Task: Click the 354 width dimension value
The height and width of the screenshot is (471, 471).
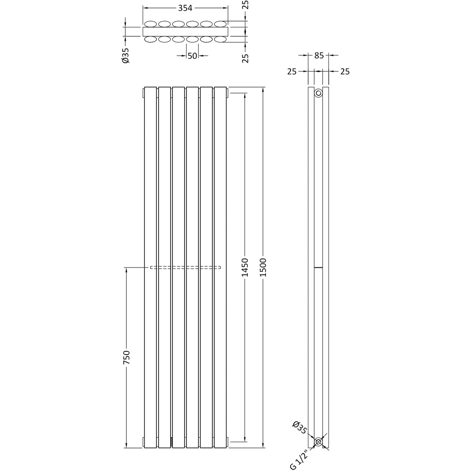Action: tap(186, 8)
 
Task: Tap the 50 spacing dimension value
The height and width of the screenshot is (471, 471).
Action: tap(192, 56)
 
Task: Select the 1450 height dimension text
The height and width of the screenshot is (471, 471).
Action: tap(244, 267)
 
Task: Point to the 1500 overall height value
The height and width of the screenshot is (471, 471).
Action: tap(263, 267)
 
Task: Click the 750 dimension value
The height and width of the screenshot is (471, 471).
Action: tap(126, 357)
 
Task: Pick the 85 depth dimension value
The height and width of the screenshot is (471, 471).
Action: tap(319, 56)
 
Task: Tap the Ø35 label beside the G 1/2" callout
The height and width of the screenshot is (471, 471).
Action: tap(299, 427)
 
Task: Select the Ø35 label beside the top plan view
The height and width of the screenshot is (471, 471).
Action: tap(126, 55)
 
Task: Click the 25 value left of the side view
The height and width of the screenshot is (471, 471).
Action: tap(292, 72)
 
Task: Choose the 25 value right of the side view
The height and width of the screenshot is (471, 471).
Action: tap(345, 72)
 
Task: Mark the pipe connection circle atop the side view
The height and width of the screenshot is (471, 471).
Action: tap(318, 93)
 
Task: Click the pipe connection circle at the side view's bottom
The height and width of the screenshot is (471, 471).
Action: tap(318, 442)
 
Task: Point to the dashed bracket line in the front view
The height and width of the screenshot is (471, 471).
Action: tap(185, 268)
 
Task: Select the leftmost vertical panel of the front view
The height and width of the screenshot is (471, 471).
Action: tap(150, 267)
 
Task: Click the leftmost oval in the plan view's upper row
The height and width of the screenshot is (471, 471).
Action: tap(151, 24)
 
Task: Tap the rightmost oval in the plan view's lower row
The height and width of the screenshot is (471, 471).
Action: tap(220, 40)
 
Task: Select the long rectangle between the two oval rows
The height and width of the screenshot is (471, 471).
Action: tap(185, 32)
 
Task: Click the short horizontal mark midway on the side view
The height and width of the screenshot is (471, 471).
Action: tap(318, 268)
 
